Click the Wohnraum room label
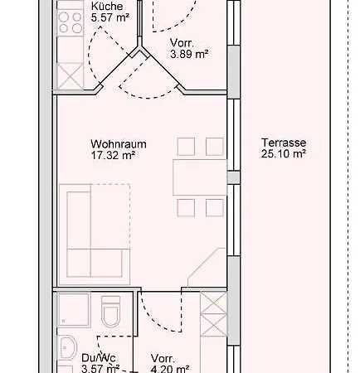(x=119, y=144)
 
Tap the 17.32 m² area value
(x=113, y=155)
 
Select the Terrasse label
(x=284, y=143)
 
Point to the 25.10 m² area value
(x=284, y=153)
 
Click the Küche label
(x=107, y=6)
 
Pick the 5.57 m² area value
(x=110, y=17)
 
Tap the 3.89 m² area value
(x=189, y=54)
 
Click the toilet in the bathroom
(x=110, y=312)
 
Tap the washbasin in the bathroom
(x=67, y=347)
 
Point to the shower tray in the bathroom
(x=74, y=310)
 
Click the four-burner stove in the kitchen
(x=70, y=22)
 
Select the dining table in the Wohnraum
(x=200, y=177)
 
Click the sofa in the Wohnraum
(x=95, y=235)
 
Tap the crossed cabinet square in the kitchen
(x=70, y=76)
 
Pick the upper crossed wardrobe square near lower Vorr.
(x=213, y=303)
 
